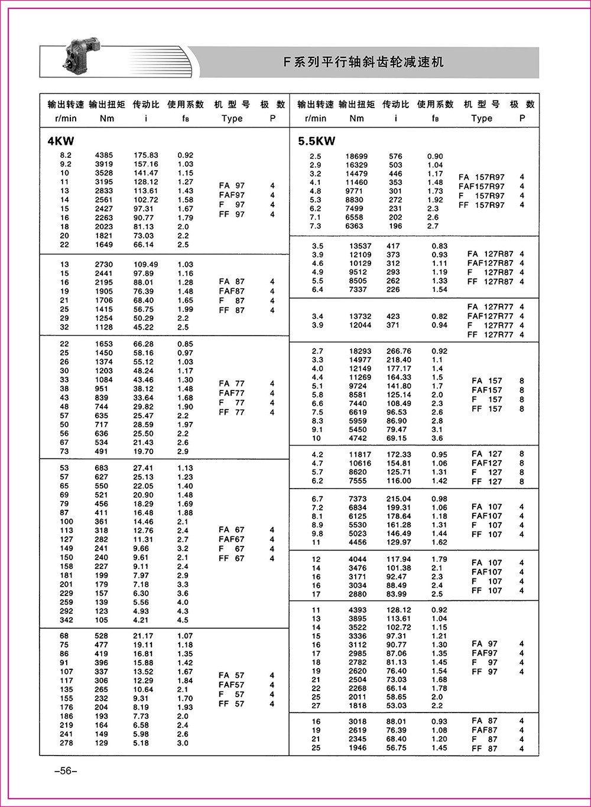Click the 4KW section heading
pos(61,141)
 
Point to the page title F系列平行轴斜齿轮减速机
pos(363,62)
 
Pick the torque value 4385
pos(103,155)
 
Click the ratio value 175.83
pos(145,155)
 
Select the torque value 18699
pos(357,157)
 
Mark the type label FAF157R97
pos(482,186)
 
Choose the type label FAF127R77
pos(491,316)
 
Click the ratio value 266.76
pos(399,351)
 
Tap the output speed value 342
pos(66,620)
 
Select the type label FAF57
pos(231,685)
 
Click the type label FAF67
pos(231,539)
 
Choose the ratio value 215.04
pos(398,499)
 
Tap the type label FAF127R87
pos(491,263)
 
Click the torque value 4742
pos(358,438)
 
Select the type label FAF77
pos(231,393)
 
